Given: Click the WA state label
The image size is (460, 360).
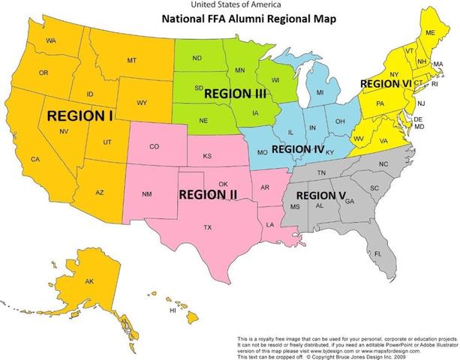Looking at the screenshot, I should click(51, 40).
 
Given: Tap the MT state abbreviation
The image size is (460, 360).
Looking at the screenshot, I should click(131, 60).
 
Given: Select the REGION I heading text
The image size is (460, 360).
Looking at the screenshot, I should click(80, 116).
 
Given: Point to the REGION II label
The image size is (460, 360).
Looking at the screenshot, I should click(208, 194).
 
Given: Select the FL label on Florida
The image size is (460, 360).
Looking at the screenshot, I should click(378, 254).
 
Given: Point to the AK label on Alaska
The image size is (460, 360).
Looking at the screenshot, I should click(89, 281).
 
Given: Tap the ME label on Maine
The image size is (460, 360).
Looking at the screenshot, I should click(430, 34).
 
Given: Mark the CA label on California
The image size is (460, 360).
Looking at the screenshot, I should click(35, 158).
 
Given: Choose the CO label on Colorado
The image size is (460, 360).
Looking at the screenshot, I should click(154, 146).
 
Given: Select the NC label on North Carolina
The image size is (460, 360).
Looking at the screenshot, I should click(383, 163).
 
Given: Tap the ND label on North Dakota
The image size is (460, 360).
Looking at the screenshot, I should click(197, 58).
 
